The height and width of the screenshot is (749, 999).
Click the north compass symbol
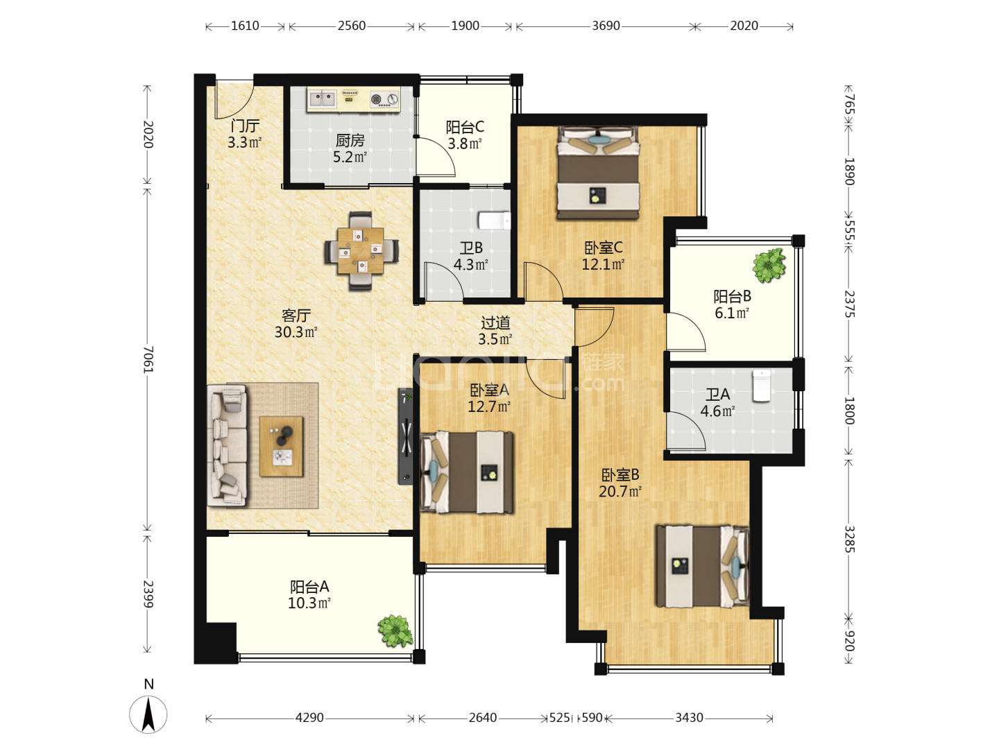click(148, 714)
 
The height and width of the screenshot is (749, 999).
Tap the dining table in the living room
click(361, 250)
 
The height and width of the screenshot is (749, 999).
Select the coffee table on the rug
click(281, 446)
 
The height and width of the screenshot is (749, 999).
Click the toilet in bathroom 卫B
click(494, 221)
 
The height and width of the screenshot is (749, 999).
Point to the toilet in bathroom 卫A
click(762, 386)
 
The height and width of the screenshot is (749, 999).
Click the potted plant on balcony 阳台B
click(769, 265)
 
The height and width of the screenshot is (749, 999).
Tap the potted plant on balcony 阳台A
click(395, 631)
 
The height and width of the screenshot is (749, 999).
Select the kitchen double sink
click(322, 98)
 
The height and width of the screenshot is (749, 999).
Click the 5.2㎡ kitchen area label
click(350, 157)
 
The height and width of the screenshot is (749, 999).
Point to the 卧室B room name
click(620, 475)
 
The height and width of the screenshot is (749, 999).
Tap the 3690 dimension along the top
click(606, 26)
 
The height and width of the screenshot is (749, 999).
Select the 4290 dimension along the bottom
click(309, 718)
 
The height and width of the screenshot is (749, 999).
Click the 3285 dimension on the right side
click(849, 539)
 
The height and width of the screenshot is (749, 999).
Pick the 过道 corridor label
click(495, 322)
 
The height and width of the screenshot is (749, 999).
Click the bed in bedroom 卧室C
click(598, 173)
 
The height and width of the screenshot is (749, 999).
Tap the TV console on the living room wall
click(406, 436)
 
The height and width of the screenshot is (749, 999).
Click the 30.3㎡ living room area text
click(296, 332)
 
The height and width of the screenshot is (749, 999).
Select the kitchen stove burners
click(384, 99)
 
